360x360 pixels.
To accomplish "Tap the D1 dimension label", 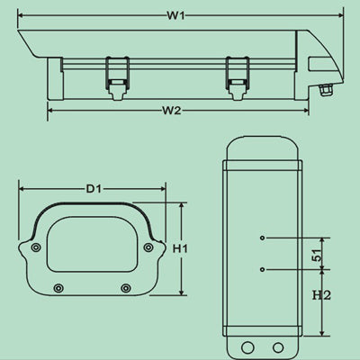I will click(94, 190).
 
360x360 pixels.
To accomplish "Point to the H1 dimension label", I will click(180, 247).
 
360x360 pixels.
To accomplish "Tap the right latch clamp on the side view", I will click(236, 72).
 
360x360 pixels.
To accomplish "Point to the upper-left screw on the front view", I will click(35, 247).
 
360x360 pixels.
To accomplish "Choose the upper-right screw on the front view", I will click(148, 247).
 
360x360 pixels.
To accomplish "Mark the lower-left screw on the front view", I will click(59, 288).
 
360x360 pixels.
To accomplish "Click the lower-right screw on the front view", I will click(124, 288).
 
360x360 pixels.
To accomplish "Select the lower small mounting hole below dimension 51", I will click(262, 269).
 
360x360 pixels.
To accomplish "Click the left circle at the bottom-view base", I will click(247, 347).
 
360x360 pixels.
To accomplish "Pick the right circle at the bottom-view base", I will click(278, 347).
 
